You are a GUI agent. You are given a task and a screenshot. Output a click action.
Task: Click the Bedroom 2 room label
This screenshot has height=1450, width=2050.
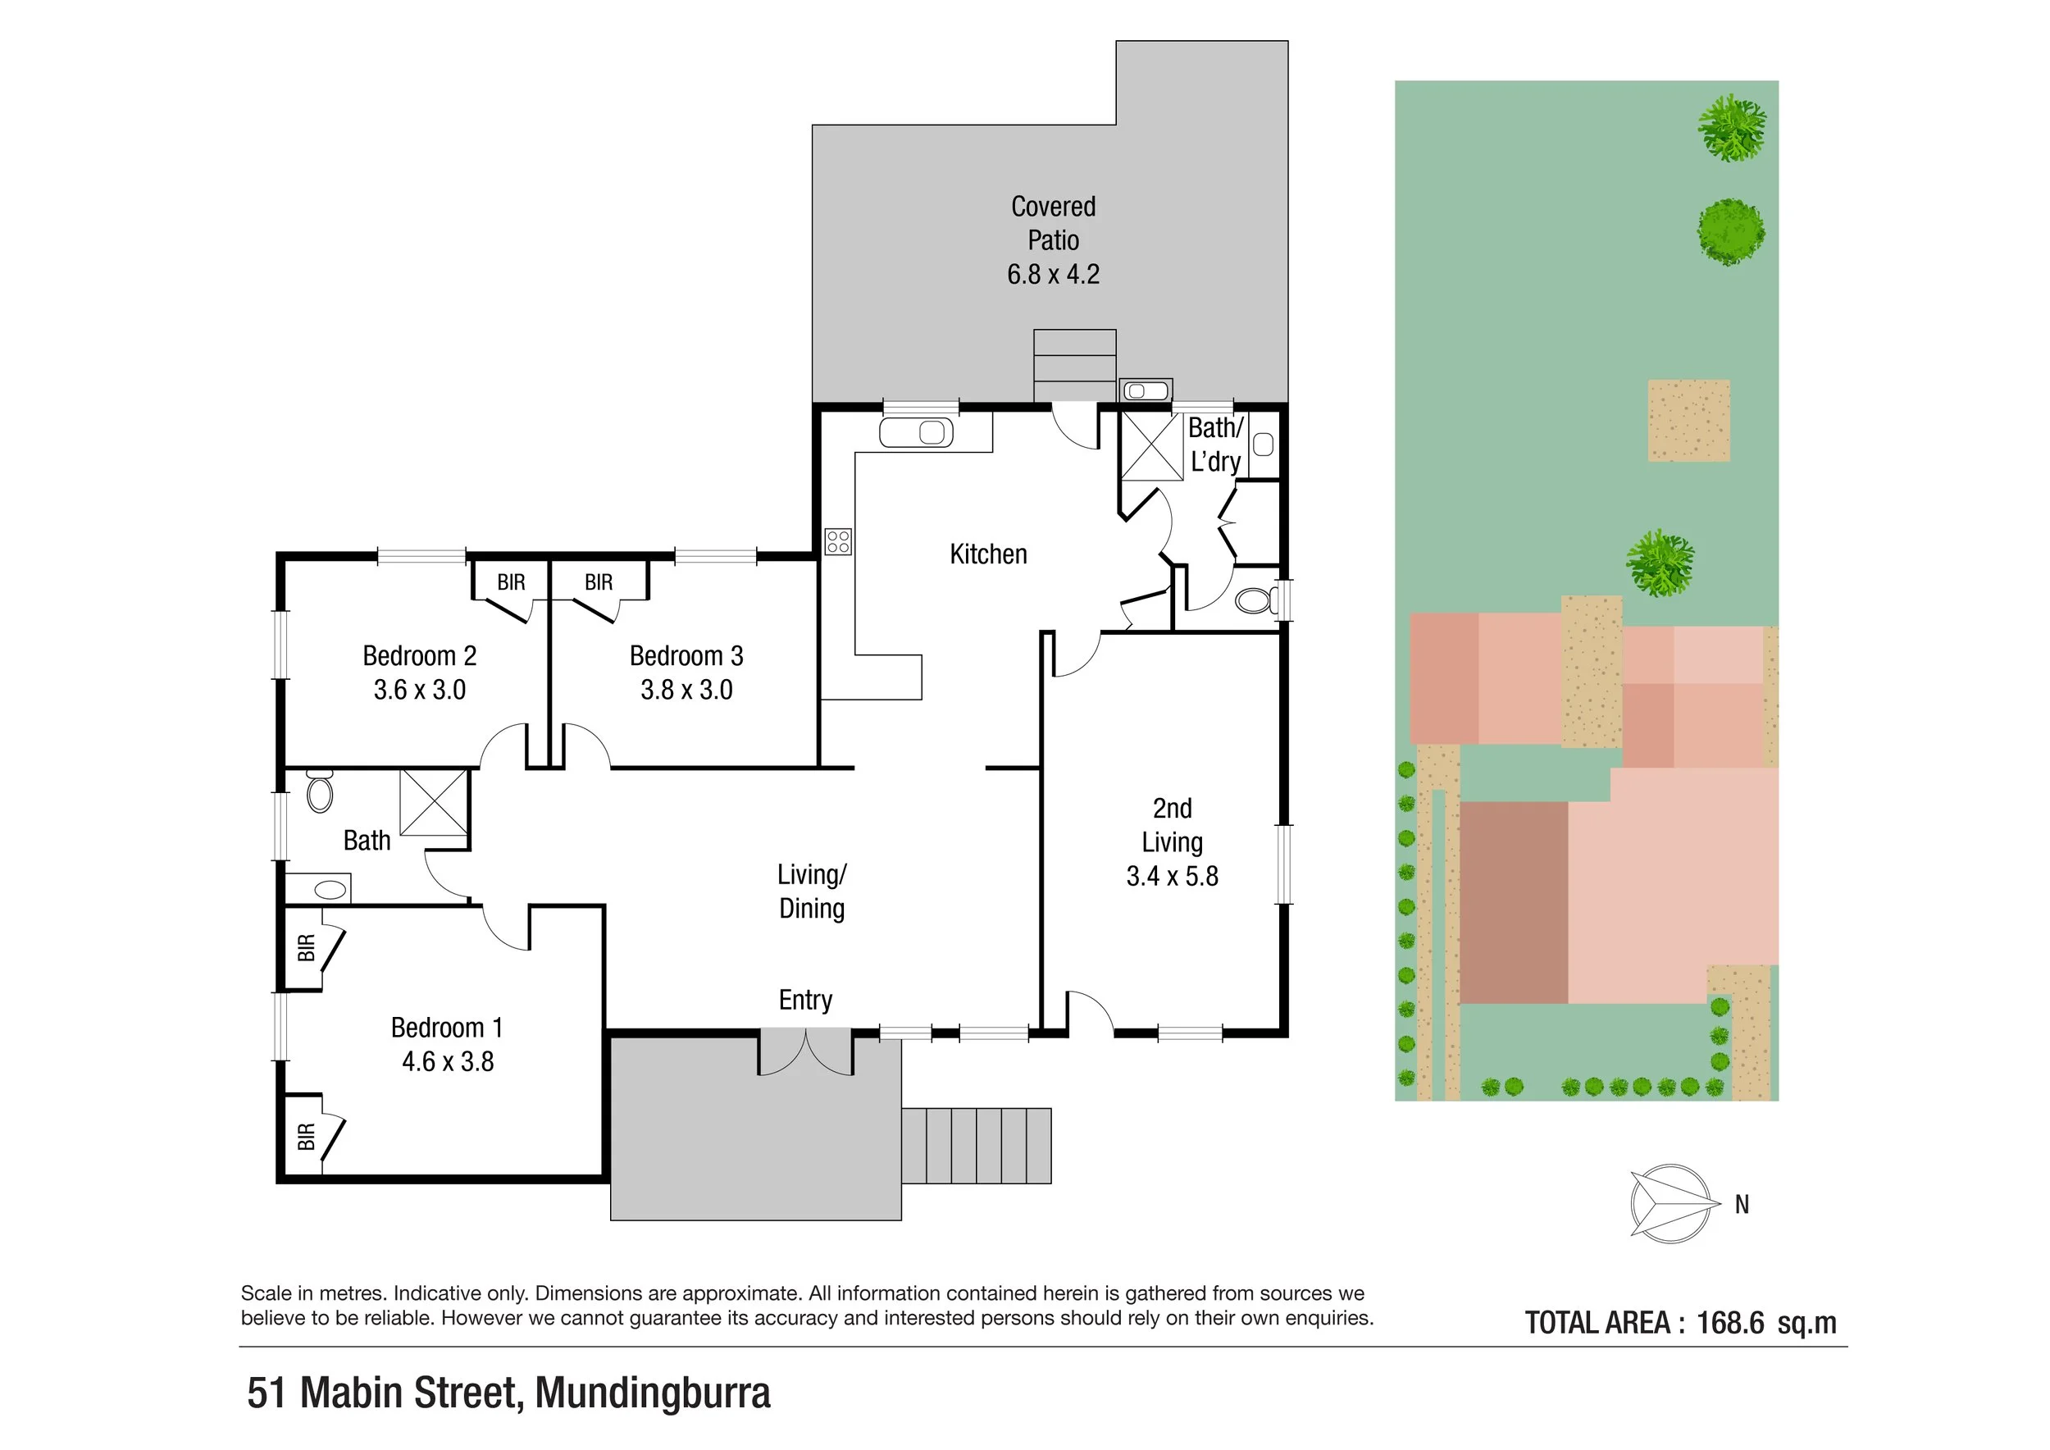tap(419, 656)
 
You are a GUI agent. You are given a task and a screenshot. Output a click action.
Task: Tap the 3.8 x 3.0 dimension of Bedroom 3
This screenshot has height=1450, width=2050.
tap(686, 691)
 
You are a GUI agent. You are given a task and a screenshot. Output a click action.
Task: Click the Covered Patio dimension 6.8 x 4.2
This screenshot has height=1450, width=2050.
tap(1053, 274)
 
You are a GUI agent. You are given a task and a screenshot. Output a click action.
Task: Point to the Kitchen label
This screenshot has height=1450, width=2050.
tap(987, 554)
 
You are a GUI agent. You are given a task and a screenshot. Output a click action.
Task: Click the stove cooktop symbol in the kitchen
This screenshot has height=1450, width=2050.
tap(837, 541)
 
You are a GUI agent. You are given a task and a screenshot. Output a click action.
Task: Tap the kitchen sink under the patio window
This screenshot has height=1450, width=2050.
tap(916, 433)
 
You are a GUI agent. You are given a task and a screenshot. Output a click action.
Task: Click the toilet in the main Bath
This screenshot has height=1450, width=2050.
tap(320, 791)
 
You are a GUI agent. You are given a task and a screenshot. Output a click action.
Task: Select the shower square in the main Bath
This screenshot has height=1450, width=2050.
tap(433, 802)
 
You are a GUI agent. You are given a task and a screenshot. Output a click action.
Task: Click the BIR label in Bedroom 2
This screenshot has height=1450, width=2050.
tap(511, 583)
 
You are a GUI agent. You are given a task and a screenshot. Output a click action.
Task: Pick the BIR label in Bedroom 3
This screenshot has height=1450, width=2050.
tap(599, 583)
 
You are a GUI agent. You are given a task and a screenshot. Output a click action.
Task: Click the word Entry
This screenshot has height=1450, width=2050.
tap(804, 1000)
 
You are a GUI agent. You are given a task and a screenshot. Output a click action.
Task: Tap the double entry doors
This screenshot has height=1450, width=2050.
tap(805, 1054)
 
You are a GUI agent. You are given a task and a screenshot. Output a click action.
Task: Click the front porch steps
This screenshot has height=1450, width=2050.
tap(976, 1146)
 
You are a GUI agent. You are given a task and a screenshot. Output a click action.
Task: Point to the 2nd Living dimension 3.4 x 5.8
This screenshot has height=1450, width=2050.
tap(1172, 877)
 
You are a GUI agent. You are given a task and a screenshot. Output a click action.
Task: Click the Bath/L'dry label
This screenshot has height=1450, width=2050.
tap(1215, 445)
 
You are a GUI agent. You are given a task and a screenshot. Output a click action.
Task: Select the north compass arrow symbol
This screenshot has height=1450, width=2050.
tap(1671, 1204)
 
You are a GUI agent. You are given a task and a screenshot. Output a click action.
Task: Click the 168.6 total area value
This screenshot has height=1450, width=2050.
tap(1729, 1323)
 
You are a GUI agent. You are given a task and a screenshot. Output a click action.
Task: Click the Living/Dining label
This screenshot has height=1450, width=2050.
tap(811, 891)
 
